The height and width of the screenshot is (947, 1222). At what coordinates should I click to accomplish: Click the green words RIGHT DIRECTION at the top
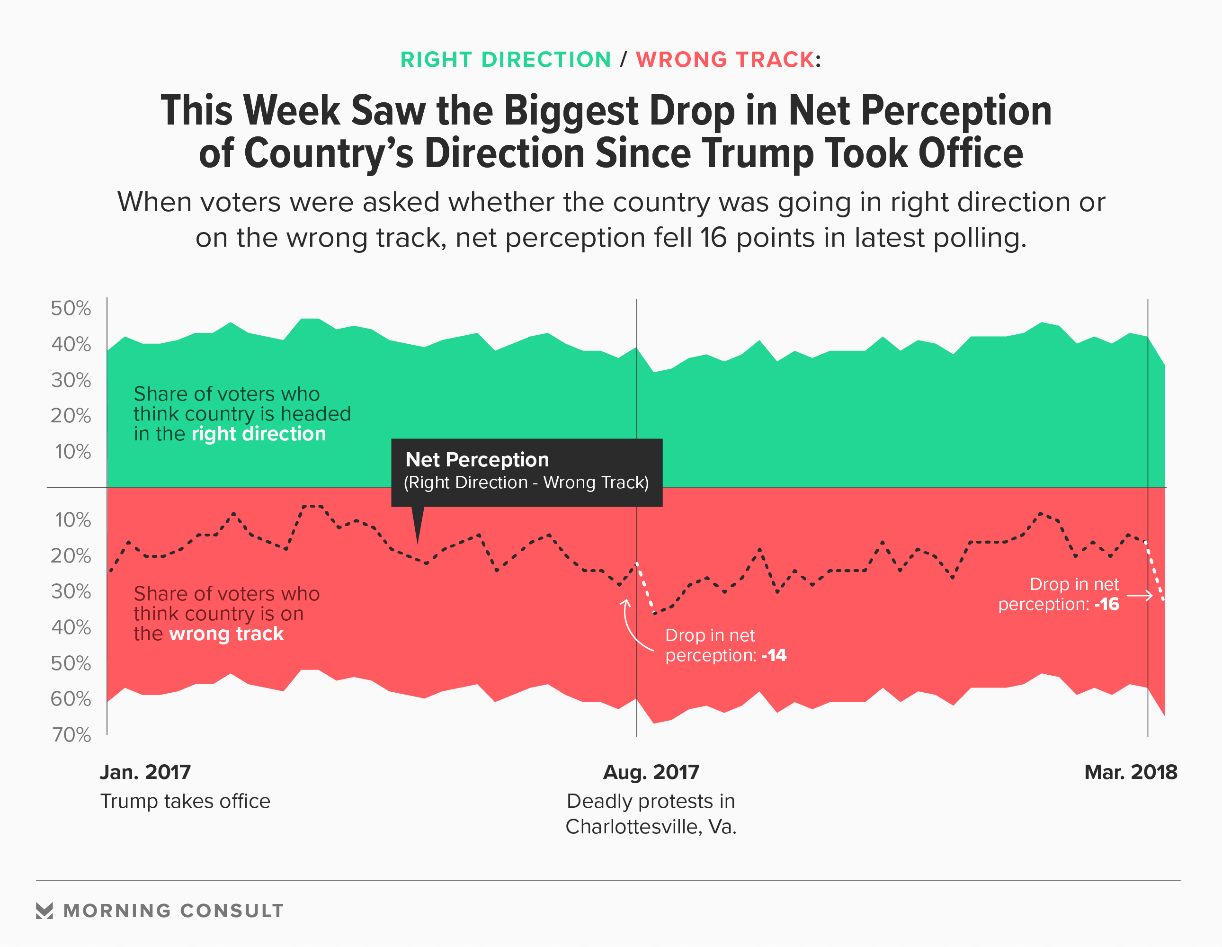coord(505,60)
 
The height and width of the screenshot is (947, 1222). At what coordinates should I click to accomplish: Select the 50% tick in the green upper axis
coord(71,308)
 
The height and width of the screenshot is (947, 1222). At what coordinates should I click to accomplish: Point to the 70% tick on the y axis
coord(71,734)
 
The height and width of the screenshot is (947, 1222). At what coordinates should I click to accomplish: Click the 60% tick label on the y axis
coord(71,698)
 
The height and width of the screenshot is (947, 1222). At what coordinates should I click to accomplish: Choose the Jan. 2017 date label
coord(145,772)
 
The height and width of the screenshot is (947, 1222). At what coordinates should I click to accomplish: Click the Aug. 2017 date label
coord(651,772)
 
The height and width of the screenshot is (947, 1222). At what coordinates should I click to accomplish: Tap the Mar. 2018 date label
coord(1130,772)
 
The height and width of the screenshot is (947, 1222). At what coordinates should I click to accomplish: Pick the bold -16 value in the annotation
coord(1107,605)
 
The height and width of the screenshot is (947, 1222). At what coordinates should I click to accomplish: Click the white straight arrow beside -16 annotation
coord(1140,596)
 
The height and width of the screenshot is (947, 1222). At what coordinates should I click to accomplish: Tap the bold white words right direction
coord(259,434)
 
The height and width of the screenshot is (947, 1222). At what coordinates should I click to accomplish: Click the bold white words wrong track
coord(227,634)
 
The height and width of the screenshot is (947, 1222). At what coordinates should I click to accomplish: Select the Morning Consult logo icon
coord(45,911)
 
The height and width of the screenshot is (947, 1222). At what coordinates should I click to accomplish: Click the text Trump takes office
coord(185,802)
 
